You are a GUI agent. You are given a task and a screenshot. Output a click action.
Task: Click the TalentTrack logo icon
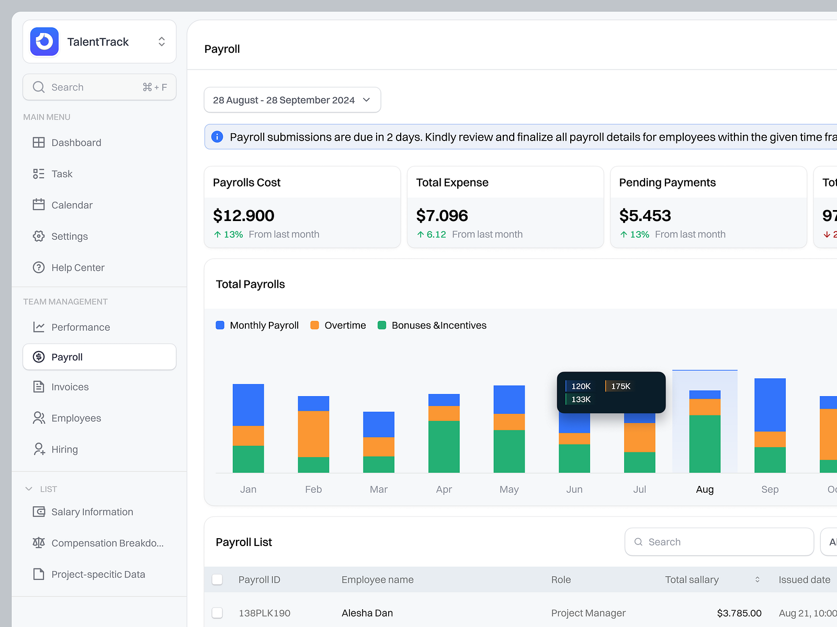(x=44, y=42)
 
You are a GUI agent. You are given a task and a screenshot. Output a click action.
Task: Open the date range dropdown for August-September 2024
(x=292, y=100)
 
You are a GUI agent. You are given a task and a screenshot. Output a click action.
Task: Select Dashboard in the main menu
(x=76, y=143)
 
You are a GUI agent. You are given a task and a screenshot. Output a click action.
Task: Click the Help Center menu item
(x=77, y=268)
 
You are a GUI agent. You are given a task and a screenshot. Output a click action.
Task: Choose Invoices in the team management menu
(x=70, y=387)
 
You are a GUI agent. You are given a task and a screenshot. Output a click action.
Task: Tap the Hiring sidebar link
(x=64, y=449)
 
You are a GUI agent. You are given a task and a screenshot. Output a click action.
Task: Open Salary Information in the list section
(x=92, y=512)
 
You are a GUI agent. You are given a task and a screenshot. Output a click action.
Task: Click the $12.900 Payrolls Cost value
(x=244, y=216)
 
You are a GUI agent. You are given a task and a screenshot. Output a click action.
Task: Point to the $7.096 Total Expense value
(x=442, y=216)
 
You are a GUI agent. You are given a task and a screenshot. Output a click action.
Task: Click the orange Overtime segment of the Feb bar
(x=313, y=434)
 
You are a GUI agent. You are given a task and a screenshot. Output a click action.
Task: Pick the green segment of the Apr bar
(x=444, y=447)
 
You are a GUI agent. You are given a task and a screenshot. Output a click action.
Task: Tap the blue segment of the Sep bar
(x=770, y=405)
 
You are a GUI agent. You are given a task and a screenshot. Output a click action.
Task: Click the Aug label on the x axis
(x=705, y=490)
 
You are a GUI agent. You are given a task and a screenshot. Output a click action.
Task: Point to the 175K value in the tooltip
(x=620, y=386)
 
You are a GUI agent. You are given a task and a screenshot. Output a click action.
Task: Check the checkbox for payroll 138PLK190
(x=217, y=613)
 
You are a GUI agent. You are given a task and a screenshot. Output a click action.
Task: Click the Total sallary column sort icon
(x=757, y=579)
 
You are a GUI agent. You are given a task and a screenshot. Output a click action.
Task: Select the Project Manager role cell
(x=588, y=613)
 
